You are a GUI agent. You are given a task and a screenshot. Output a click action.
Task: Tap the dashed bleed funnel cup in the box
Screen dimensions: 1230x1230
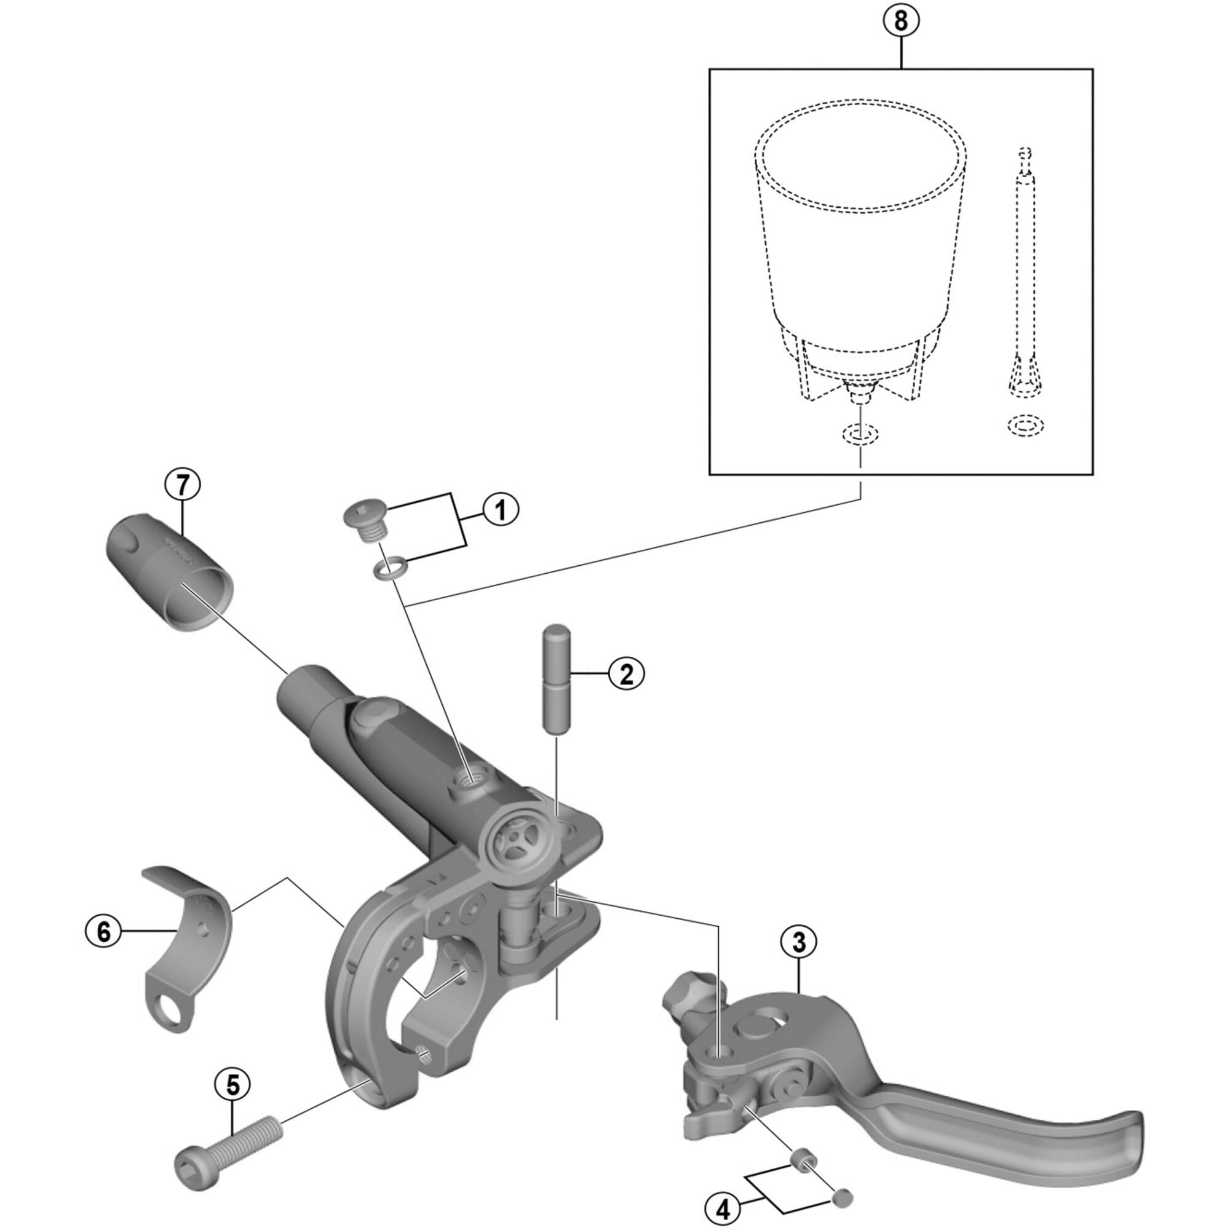point(860,242)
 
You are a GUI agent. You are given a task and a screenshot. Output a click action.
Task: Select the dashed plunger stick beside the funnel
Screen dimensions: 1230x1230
point(1025,287)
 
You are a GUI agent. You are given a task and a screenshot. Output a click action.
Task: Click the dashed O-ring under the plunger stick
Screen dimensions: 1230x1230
point(1026,426)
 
